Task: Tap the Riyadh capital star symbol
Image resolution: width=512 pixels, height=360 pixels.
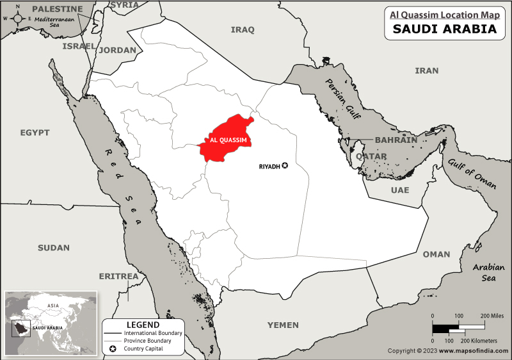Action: click(x=285, y=166)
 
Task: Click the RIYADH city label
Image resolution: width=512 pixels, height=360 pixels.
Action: click(x=269, y=166)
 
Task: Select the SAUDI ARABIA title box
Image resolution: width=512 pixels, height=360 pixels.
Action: click(x=444, y=29)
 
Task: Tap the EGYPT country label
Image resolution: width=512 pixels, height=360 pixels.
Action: click(x=35, y=133)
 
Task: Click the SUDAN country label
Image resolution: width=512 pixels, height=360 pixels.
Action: click(x=54, y=247)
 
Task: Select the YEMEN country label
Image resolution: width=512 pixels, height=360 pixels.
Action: click(x=283, y=325)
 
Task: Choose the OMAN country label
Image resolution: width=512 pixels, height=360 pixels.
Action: click(x=436, y=254)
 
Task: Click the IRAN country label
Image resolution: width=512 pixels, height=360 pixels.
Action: click(x=426, y=70)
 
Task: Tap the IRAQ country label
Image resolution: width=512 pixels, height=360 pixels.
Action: click(x=243, y=29)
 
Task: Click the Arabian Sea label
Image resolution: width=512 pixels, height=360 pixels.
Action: click(x=484, y=272)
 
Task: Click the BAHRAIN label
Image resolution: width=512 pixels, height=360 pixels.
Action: click(x=396, y=140)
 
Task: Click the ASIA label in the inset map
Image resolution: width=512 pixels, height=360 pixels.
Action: click(x=53, y=306)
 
